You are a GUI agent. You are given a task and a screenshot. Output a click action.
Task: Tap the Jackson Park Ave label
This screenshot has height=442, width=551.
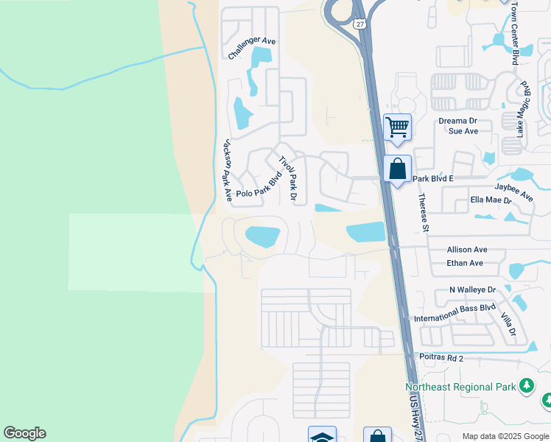point(228,170)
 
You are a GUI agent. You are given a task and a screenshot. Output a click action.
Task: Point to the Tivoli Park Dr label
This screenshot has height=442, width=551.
point(288,178)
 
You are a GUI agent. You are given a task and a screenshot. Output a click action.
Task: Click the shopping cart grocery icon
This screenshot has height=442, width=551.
point(397,127)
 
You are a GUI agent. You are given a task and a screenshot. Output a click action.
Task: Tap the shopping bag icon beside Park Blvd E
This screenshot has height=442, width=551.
point(397,169)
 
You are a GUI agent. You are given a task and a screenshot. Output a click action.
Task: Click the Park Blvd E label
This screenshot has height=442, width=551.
point(432,178)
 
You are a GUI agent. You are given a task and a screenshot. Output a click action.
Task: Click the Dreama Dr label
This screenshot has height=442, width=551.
point(463,121)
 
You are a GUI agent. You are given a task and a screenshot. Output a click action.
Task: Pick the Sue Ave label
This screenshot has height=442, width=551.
point(463,131)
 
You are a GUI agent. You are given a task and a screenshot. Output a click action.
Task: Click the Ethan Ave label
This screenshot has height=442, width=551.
point(465,263)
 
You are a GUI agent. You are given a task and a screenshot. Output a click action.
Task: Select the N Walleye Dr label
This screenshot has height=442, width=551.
point(473,291)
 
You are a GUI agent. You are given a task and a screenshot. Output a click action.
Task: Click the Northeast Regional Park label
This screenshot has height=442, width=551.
point(460,387)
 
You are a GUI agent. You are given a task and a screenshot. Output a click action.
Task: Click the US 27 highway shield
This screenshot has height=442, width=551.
point(359,24)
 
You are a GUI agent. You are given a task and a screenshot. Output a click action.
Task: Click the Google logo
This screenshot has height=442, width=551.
point(24,433)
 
